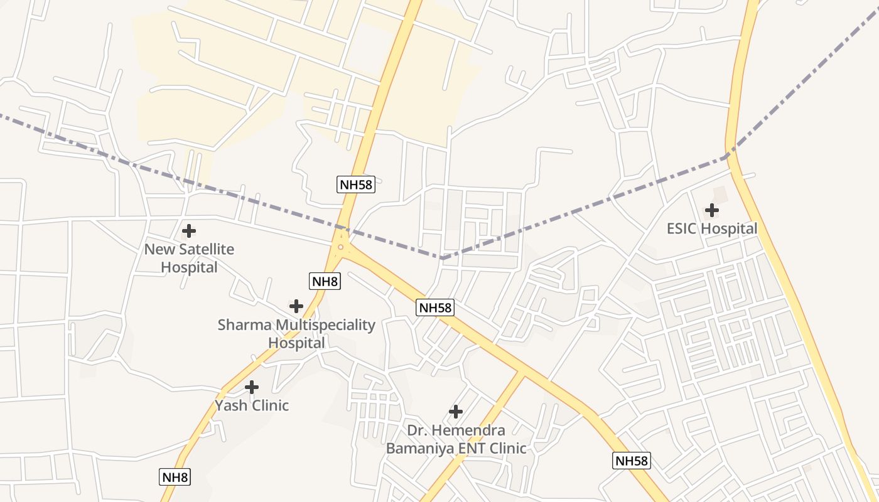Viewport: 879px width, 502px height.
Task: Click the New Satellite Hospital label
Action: tap(189, 258)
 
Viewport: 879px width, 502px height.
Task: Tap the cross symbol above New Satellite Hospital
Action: tap(188, 231)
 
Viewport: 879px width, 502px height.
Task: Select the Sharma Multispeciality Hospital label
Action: tap(296, 334)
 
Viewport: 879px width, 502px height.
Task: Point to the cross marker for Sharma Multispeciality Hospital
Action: tap(296, 306)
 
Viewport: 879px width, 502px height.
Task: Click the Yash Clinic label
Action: tap(252, 405)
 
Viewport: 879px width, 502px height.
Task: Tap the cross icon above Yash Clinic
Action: tap(252, 387)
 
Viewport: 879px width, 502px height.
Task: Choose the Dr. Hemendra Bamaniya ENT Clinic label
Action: tap(456, 439)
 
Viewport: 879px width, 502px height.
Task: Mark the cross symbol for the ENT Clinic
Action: tap(456, 412)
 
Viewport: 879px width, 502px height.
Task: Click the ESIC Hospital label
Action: tap(712, 228)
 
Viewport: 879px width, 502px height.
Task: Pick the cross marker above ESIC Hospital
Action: tap(712, 210)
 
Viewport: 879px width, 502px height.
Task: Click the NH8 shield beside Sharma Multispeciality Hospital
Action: tap(325, 281)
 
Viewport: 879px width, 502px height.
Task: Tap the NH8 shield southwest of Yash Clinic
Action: tap(175, 477)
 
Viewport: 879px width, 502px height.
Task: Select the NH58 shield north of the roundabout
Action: tap(356, 184)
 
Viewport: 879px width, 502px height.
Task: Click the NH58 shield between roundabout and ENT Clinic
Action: tap(434, 307)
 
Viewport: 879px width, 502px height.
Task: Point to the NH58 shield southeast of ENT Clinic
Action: tap(631, 461)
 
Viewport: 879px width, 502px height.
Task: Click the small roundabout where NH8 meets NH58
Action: tap(340, 247)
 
